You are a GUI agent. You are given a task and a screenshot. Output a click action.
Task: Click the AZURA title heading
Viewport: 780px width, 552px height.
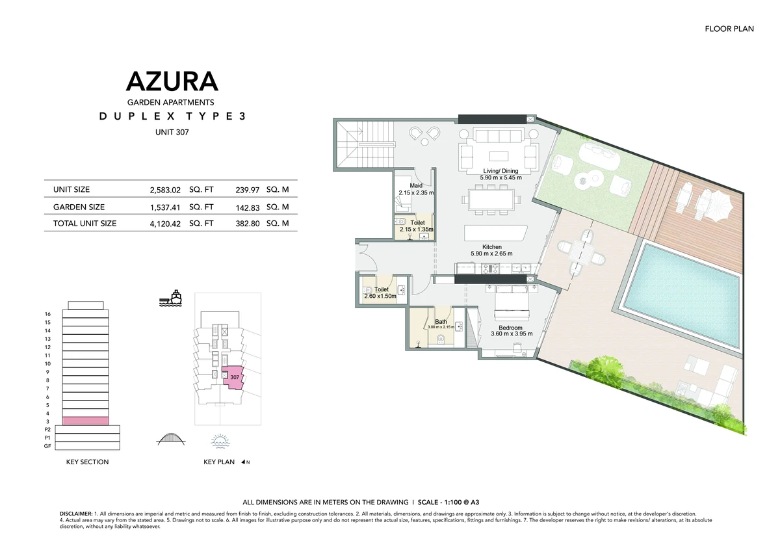(172, 81)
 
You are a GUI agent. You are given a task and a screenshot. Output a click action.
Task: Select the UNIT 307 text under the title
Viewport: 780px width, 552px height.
(172, 133)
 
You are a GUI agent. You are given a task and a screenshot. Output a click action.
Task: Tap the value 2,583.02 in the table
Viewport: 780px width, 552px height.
(165, 190)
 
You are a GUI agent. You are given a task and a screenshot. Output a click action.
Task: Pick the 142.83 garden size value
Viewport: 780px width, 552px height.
(248, 208)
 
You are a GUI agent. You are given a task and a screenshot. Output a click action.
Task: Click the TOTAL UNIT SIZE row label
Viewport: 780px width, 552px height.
(84, 224)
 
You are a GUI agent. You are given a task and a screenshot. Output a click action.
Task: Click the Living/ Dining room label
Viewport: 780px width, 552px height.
(500, 171)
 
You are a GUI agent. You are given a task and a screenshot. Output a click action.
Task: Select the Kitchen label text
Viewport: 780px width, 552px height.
(491, 247)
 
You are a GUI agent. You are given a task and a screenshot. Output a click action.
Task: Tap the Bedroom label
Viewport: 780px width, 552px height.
(510, 328)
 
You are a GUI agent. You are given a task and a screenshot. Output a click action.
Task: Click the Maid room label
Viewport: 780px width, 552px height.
(416, 185)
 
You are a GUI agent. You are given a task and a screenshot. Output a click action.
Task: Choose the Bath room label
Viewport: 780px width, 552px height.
(441, 322)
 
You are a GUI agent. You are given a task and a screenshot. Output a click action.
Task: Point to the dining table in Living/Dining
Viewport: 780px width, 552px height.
(491, 200)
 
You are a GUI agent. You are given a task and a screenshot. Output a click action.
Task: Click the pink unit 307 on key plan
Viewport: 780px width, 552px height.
(233, 378)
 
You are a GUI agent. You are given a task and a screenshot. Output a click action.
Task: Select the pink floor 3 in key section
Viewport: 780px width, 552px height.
(85, 421)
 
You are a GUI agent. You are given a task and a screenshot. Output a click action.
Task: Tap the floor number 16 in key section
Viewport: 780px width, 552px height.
(47, 314)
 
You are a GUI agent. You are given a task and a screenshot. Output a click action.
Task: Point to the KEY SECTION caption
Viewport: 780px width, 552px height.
(87, 462)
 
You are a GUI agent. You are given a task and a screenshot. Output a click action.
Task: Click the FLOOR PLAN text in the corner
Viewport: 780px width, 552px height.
(729, 29)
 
